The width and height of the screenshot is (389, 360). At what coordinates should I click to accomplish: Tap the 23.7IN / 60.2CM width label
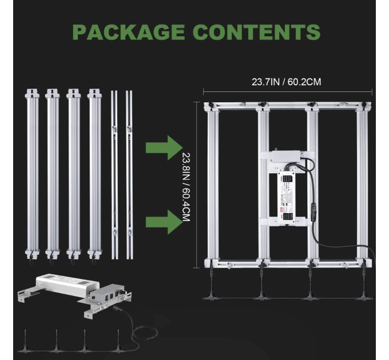coord(286,82)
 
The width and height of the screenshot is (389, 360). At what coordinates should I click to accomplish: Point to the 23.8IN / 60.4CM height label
coord(185,187)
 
